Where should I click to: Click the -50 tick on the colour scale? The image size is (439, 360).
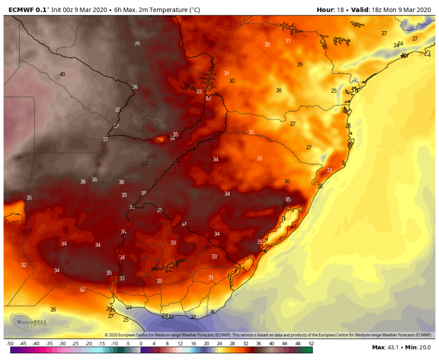(10, 344)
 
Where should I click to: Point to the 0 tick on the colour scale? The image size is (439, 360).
(141, 344)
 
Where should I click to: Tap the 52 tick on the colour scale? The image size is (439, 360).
(311, 344)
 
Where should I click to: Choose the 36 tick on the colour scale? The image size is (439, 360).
(258, 344)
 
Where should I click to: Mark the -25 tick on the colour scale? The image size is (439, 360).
(75, 344)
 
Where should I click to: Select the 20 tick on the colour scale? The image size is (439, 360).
(206, 344)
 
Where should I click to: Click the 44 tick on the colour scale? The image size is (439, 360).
(285, 344)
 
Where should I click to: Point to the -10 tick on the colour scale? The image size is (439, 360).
(115, 344)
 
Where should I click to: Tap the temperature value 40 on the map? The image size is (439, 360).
(62, 74)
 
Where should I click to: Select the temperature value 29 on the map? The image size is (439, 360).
(300, 64)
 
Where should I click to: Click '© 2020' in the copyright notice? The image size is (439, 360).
(111, 335)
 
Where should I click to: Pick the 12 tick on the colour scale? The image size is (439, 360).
(180, 344)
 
